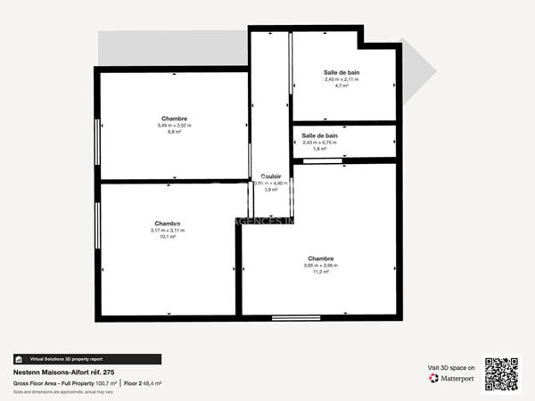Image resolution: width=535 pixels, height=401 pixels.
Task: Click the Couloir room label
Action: (x=271, y=176)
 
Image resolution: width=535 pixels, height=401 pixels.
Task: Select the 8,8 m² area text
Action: (x=175, y=132)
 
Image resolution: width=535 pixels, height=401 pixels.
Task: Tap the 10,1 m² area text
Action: (x=167, y=237)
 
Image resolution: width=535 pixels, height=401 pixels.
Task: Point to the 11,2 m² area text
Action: (x=321, y=273)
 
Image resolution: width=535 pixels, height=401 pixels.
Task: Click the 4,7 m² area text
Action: (x=341, y=86)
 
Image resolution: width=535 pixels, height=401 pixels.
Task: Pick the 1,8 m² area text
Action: (x=320, y=149)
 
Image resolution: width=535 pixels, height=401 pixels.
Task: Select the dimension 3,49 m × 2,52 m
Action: (x=175, y=126)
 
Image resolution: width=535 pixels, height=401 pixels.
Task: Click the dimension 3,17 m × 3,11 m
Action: (x=167, y=231)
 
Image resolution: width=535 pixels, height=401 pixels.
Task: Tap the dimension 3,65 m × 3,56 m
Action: (x=321, y=266)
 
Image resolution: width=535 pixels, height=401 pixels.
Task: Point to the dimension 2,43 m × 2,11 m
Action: (x=342, y=79)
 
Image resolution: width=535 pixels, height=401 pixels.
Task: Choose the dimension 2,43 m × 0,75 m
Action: (x=320, y=143)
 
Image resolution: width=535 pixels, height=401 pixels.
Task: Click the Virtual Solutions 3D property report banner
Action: (x=87, y=359)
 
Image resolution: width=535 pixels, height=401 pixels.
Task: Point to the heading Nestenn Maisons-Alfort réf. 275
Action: (x=63, y=372)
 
